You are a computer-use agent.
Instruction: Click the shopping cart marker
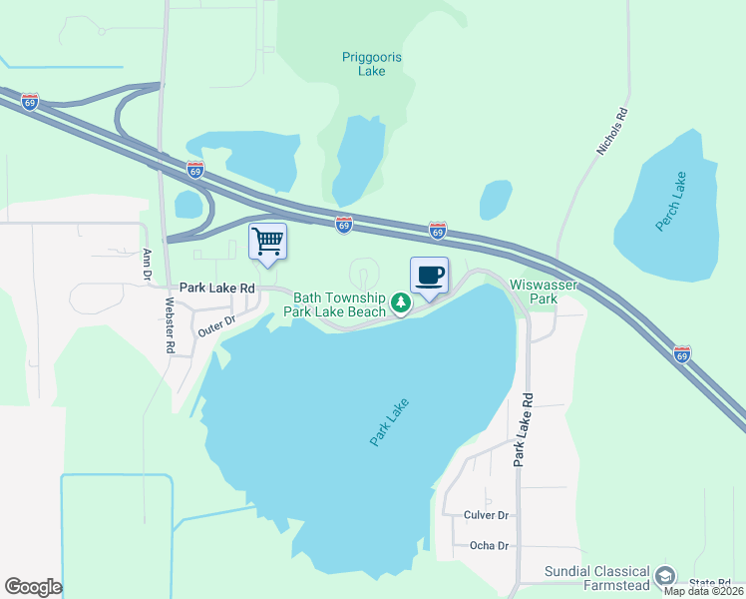[267, 241]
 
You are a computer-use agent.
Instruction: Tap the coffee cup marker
[429, 276]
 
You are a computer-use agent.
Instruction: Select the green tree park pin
[400, 301]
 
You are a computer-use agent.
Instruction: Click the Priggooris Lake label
[371, 64]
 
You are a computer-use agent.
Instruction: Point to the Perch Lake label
[671, 202]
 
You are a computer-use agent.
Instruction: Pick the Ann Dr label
[147, 264]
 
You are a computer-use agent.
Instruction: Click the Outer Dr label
[215, 324]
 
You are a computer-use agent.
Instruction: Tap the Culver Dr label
[487, 515]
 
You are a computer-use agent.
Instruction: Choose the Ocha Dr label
[489, 546]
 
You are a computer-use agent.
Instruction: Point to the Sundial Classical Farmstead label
[595, 578]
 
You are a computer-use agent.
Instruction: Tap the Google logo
[33, 587]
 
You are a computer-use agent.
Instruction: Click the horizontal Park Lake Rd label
[217, 288]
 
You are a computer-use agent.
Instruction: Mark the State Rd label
[710, 582]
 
